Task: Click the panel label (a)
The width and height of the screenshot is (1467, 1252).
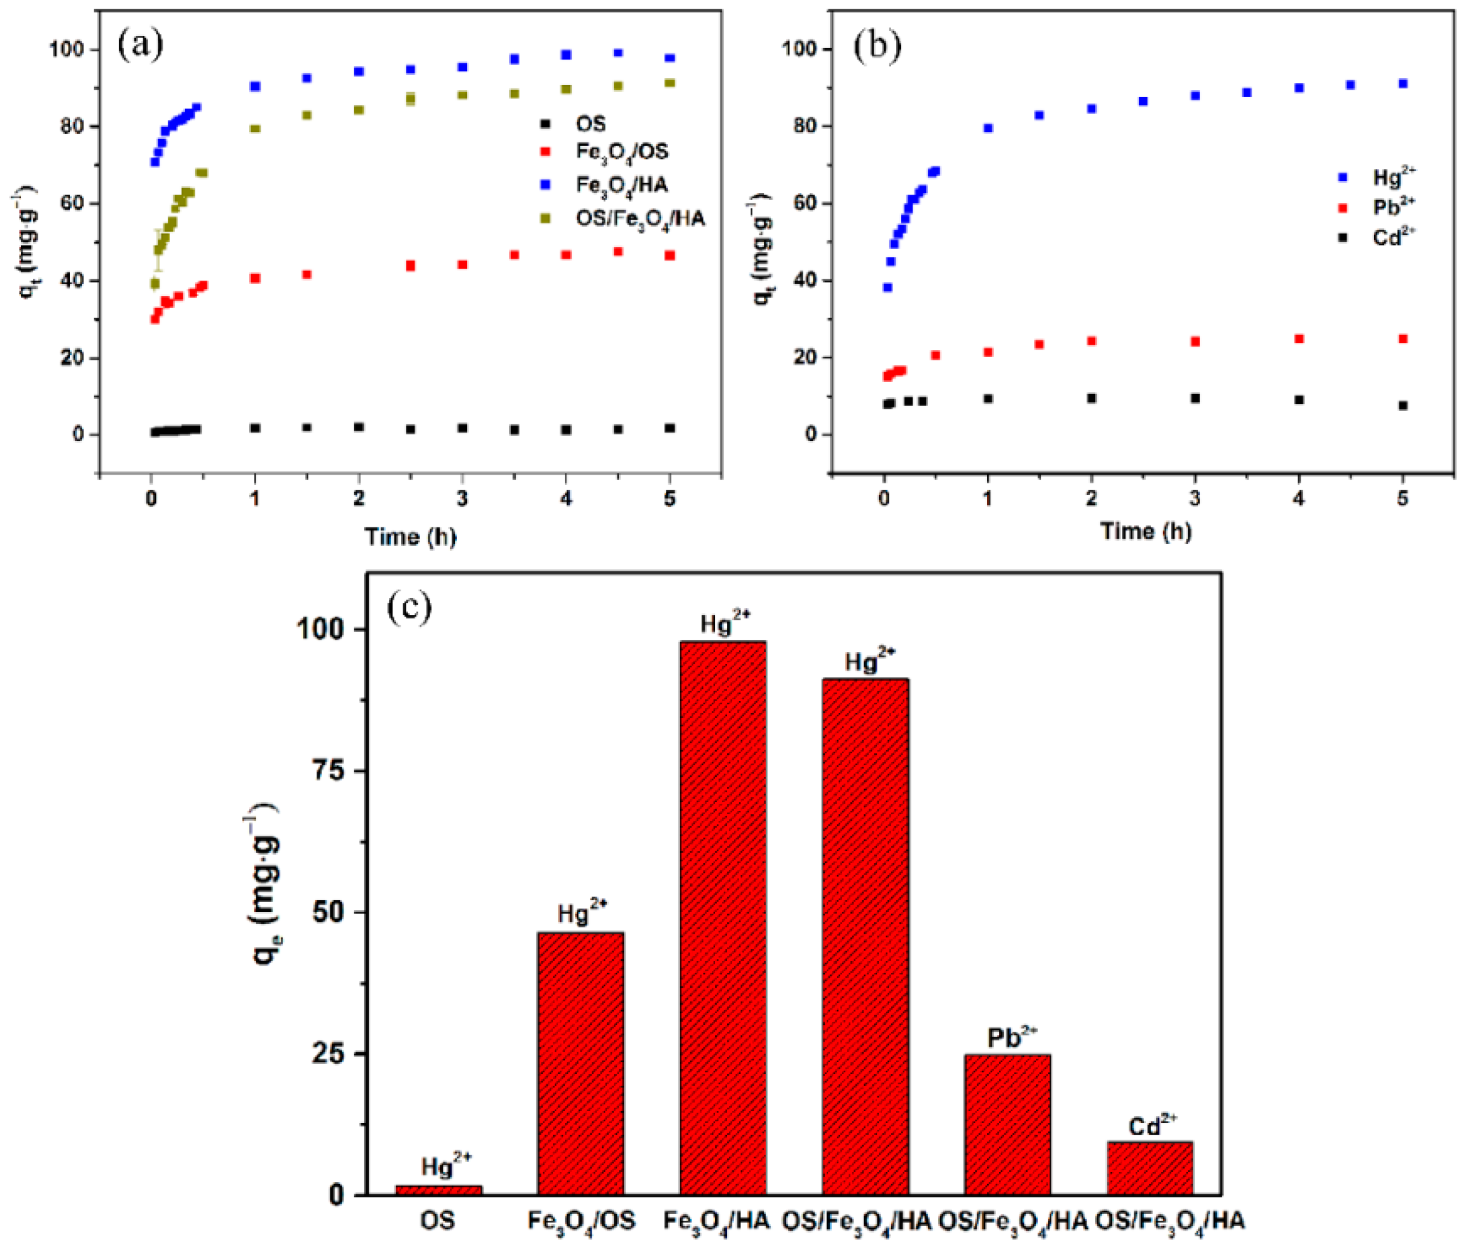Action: click(x=140, y=45)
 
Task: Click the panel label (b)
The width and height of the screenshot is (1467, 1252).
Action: click(x=877, y=47)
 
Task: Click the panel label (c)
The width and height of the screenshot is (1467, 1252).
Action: click(x=409, y=607)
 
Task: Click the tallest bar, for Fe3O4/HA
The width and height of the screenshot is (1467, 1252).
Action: click(x=723, y=920)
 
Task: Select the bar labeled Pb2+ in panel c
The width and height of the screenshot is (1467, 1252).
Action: click(x=1008, y=1125)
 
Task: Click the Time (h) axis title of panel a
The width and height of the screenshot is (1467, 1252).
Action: click(x=410, y=537)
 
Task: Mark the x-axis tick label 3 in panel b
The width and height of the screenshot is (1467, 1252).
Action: click(x=1195, y=498)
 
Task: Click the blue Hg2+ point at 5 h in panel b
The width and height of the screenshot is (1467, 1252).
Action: click(x=1402, y=84)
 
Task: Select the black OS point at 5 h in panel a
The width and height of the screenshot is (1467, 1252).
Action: click(x=670, y=428)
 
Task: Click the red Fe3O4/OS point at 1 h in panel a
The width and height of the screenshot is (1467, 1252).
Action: click(x=255, y=278)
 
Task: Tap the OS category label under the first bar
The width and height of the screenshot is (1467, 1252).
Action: click(x=438, y=1221)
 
